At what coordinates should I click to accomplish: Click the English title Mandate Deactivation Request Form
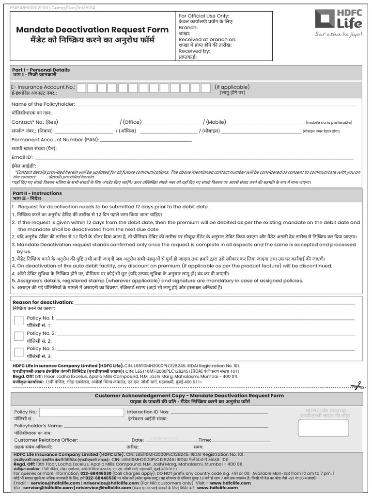tap(92, 30)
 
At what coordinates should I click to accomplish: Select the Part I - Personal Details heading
tap(41, 70)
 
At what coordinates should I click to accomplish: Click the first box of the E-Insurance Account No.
tap(82, 88)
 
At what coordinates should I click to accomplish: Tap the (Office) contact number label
tap(131, 122)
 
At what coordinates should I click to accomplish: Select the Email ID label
tap(22, 157)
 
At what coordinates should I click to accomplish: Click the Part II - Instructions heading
tap(37, 193)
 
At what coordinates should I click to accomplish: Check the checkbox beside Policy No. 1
tap(19, 320)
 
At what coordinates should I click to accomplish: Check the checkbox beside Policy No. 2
tap(19, 336)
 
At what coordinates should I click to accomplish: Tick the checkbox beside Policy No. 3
tap(19, 352)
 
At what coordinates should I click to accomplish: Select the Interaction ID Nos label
tap(148, 412)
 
